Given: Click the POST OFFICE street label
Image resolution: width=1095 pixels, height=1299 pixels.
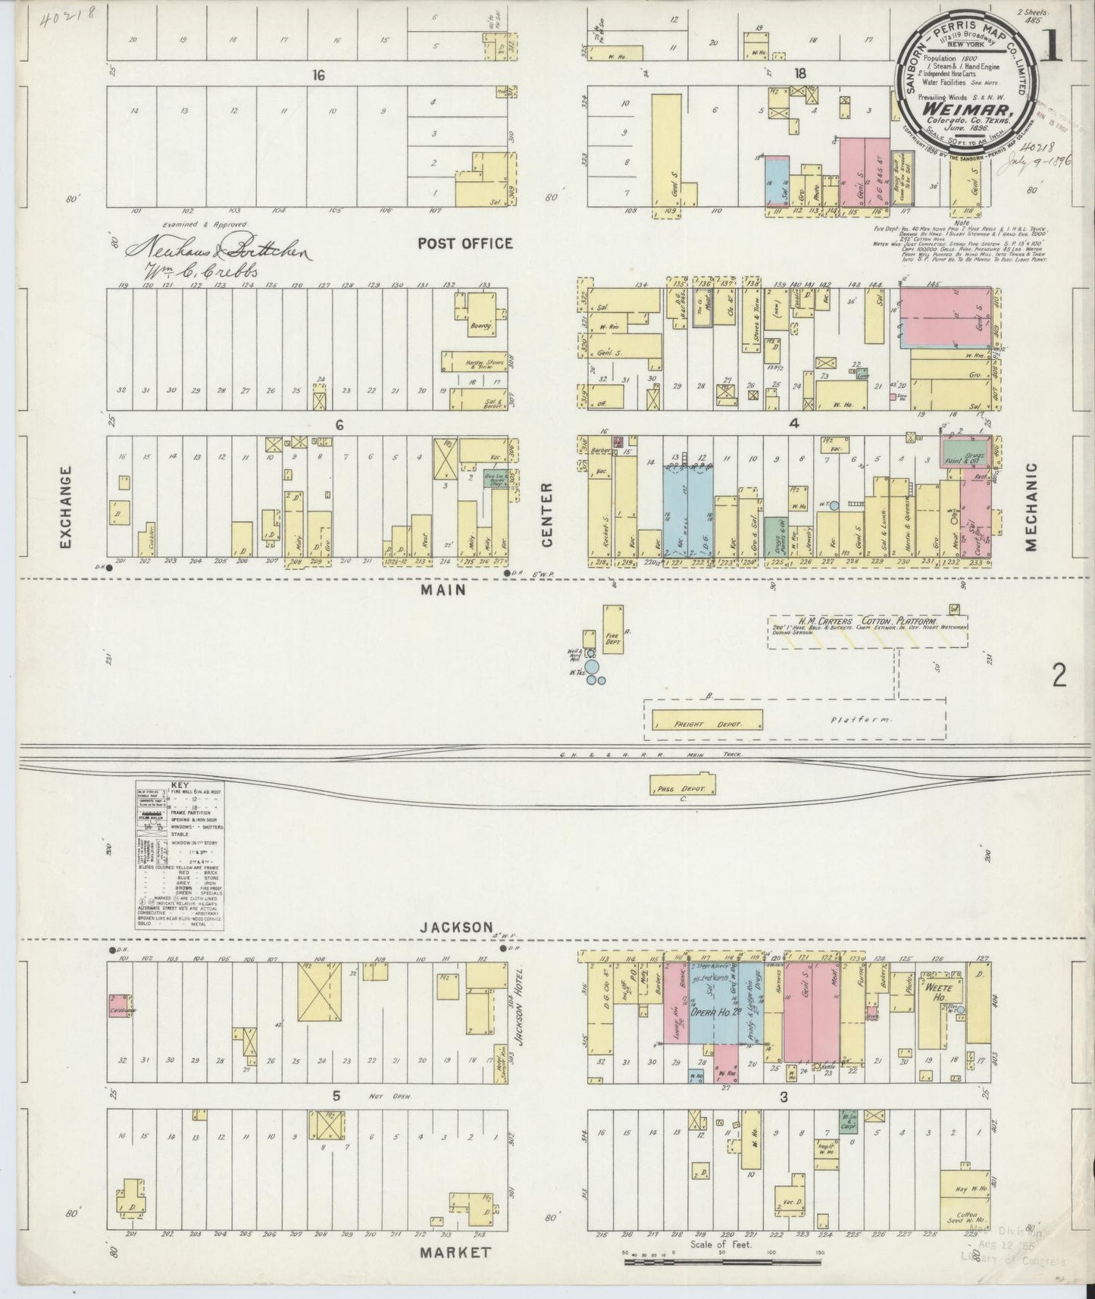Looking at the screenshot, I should (465, 243).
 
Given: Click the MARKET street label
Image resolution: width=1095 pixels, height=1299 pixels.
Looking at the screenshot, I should (455, 1252).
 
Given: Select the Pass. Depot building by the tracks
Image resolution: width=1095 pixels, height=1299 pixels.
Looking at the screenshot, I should (682, 785).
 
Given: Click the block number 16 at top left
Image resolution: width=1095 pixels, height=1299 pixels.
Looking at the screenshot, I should (317, 74).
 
